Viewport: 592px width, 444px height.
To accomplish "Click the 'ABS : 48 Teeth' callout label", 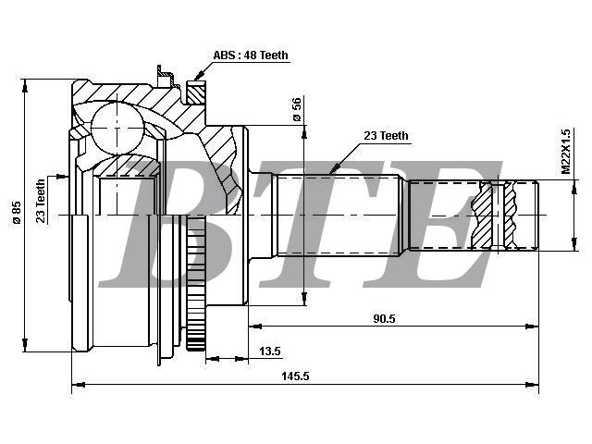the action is (x=251, y=55).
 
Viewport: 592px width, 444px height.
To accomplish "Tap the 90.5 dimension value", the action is (x=384, y=318).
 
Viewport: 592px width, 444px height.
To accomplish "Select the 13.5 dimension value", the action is (x=270, y=351).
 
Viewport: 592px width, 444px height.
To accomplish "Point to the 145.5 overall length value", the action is (x=295, y=376).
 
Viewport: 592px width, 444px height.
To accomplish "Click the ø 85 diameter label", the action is (x=17, y=213).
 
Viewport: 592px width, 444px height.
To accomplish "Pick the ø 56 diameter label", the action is (x=297, y=109).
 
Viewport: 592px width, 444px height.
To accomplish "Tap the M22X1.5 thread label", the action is (x=565, y=152).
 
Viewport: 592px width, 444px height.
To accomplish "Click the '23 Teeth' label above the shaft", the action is (x=386, y=136).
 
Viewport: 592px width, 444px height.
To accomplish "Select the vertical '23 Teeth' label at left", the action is (x=40, y=201).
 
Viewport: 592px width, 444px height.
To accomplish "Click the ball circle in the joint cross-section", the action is (x=117, y=129).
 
